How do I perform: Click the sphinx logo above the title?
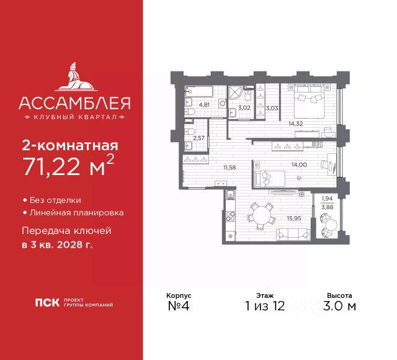coord(71,74)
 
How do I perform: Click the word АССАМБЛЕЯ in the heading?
coord(71,102)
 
